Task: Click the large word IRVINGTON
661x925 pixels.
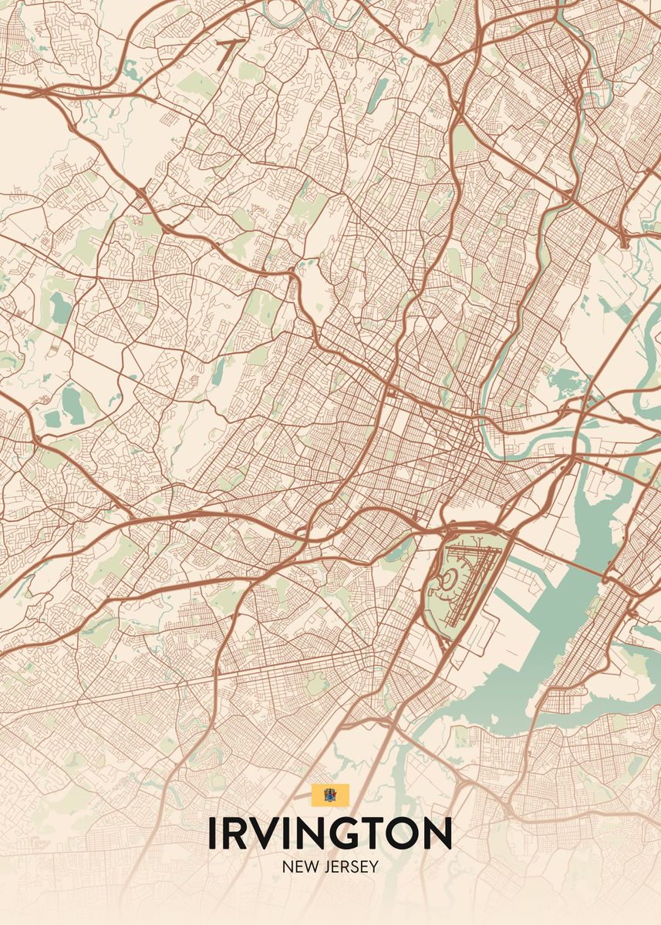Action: point(329,833)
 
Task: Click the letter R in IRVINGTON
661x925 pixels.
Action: point(239,833)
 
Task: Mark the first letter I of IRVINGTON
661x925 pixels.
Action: point(214,833)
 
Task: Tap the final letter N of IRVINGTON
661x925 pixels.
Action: point(437,833)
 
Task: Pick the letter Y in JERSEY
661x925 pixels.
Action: point(374,867)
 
